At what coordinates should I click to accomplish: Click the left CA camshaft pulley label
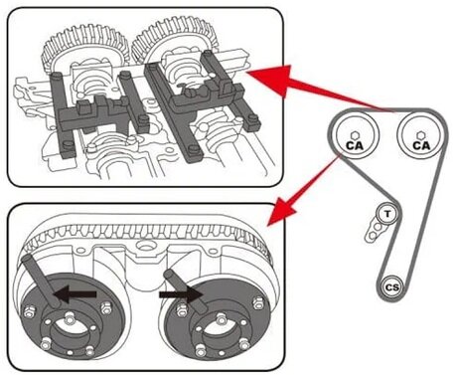354,145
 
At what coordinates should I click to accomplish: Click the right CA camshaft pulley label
419,145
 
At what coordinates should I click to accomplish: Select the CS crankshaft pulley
391,286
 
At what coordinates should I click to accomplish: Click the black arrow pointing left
76,294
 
